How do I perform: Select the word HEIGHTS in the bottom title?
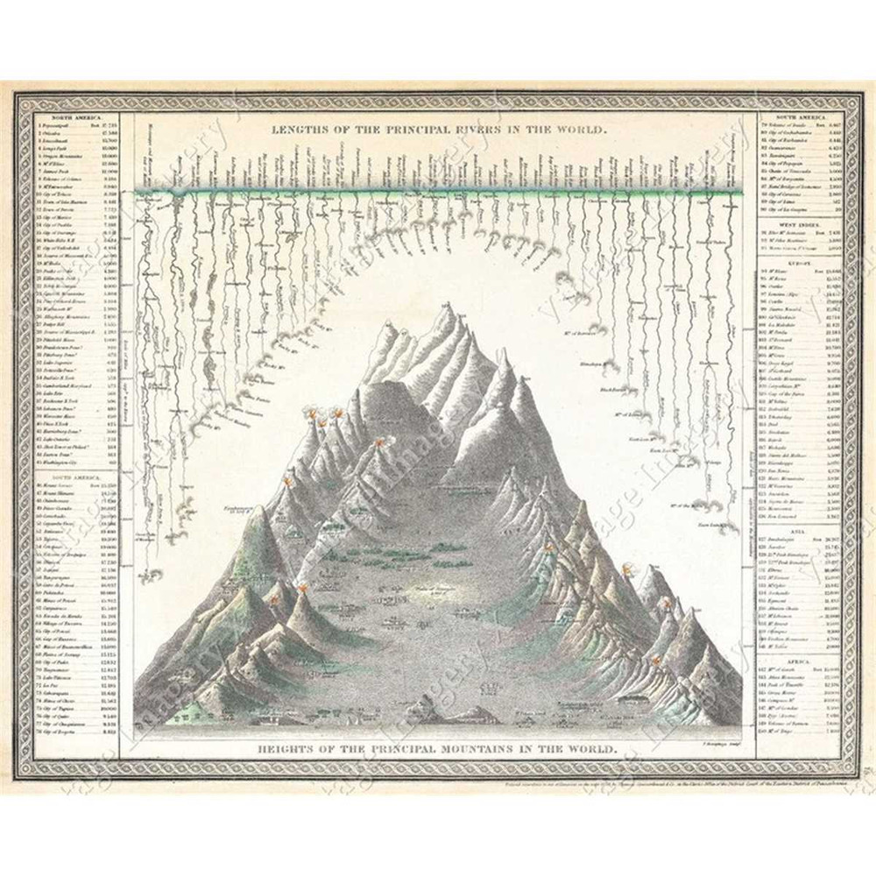tap(288, 750)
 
